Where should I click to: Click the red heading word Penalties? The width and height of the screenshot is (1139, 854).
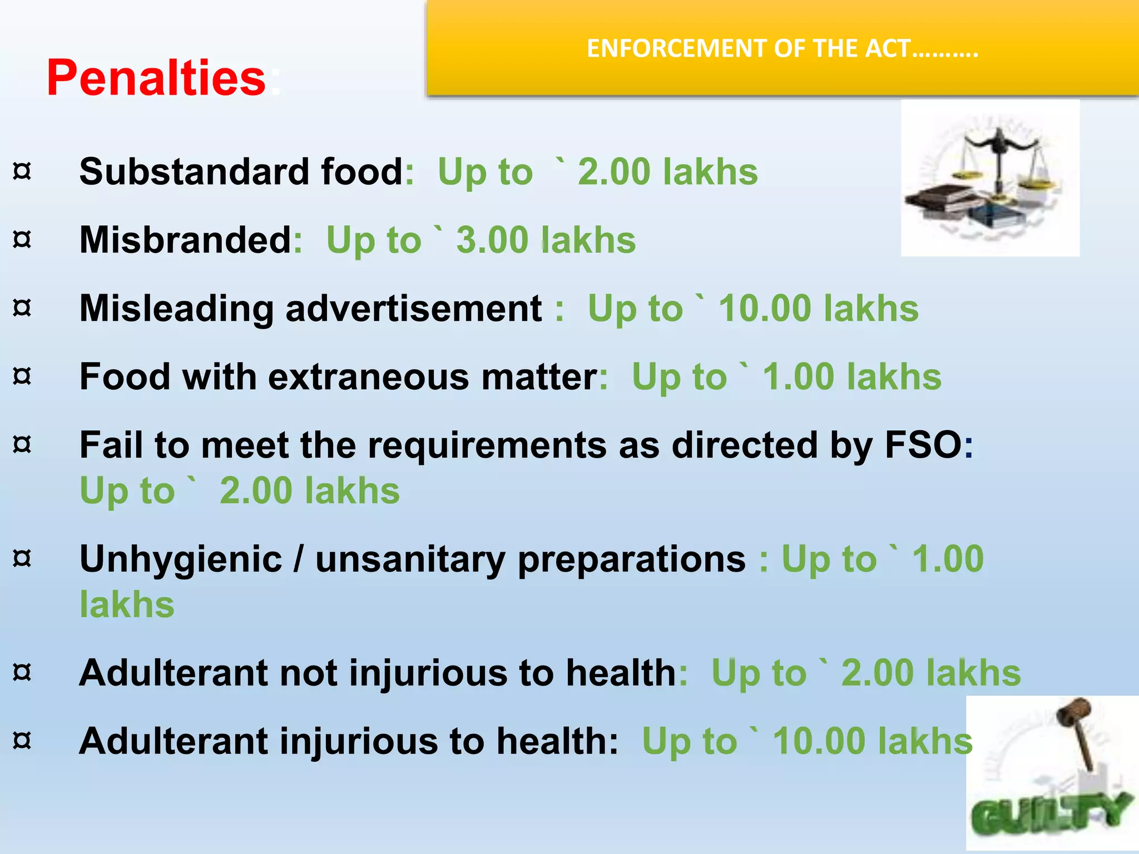(x=156, y=78)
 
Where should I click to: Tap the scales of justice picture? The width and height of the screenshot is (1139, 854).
(x=990, y=178)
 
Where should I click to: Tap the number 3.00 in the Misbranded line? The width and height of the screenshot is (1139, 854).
(x=492, y=240)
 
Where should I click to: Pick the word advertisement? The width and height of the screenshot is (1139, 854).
(x=414, y=308)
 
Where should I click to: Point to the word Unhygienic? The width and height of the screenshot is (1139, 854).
(x=181, y=559)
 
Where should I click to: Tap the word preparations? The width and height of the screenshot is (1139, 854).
(x=631, y=559)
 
